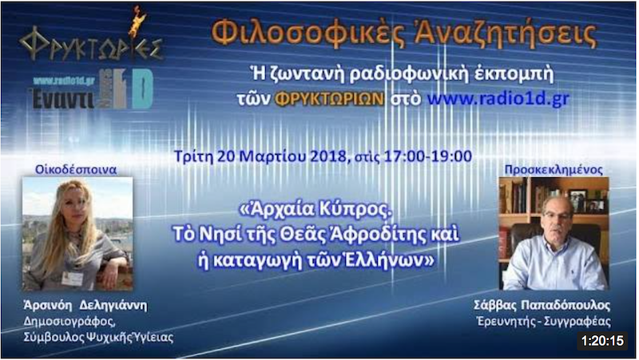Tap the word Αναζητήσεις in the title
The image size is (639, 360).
coord(505,33)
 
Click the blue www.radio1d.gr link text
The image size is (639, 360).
coord(498,98)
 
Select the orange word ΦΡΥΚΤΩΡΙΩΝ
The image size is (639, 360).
coord(330,99)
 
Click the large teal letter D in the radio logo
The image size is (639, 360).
coord(142,89)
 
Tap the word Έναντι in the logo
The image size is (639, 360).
coord(62,99)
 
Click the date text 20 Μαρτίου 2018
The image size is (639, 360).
coord(282,156)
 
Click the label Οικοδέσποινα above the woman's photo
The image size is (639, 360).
coord(76,169)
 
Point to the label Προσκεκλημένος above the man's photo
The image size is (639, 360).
coord(554,169)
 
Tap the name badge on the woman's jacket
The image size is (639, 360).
coord(73,279)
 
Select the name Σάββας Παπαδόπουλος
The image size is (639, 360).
coord(542,305)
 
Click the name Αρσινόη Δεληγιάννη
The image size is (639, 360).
coord(85,305)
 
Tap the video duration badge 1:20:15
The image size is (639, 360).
coord(602,341)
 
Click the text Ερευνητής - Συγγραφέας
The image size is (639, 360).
coord(544,322)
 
